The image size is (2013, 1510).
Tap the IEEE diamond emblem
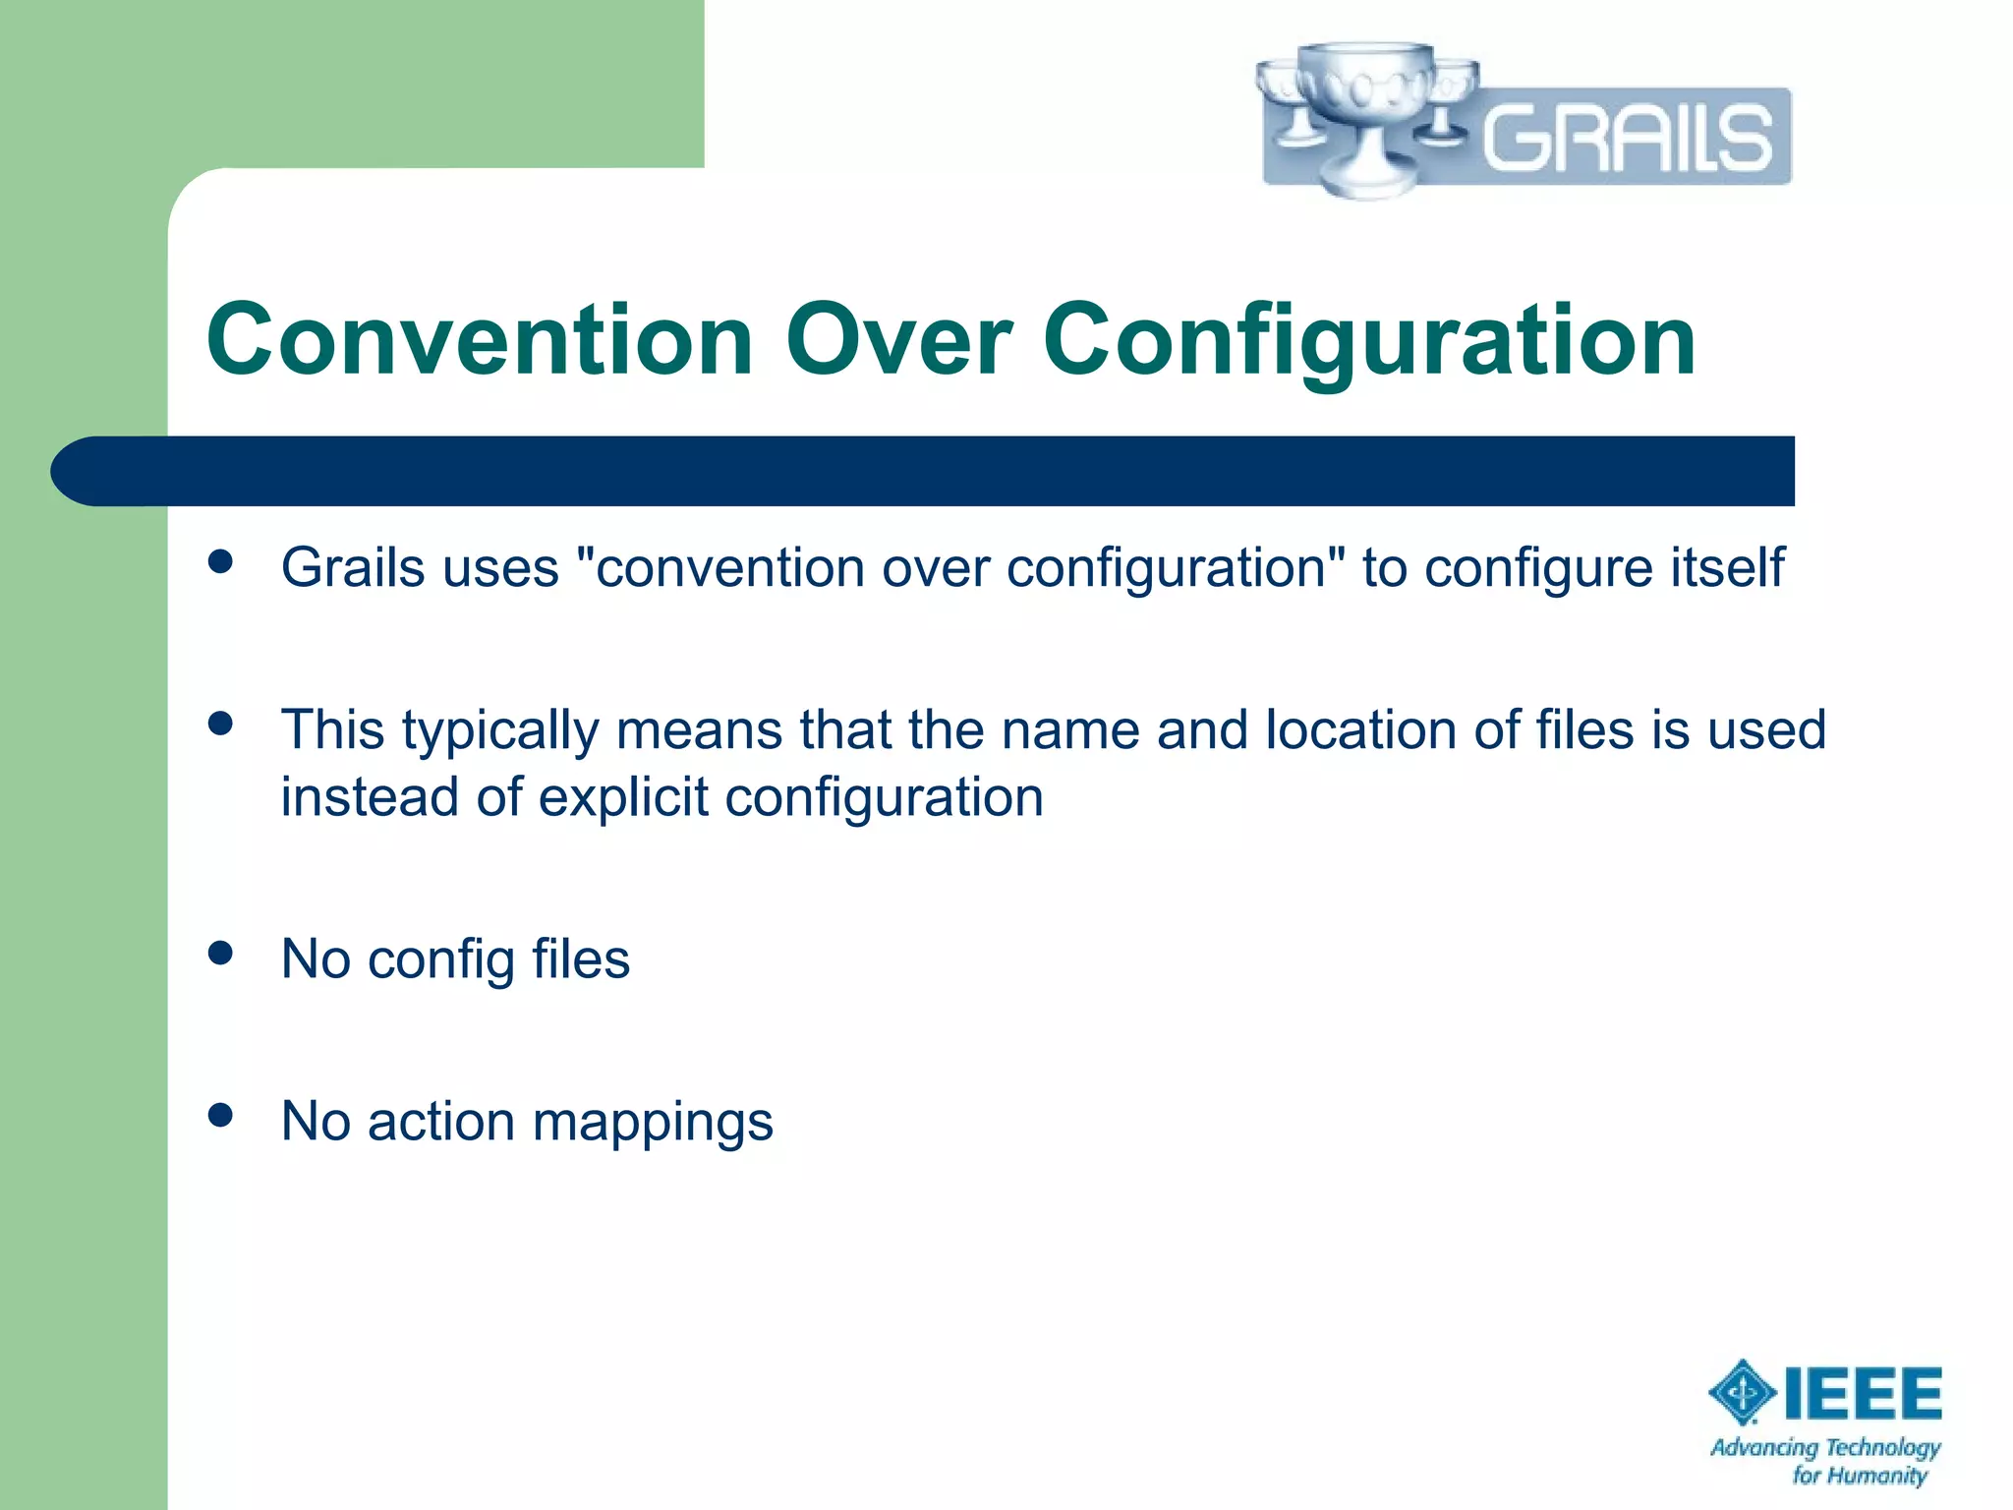click(1743, 1392)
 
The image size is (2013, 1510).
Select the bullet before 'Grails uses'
click(221, 561)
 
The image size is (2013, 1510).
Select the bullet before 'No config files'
click(221, 953)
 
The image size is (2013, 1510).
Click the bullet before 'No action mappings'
click(221, 1115)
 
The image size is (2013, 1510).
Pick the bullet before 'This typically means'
click(221, 725)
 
